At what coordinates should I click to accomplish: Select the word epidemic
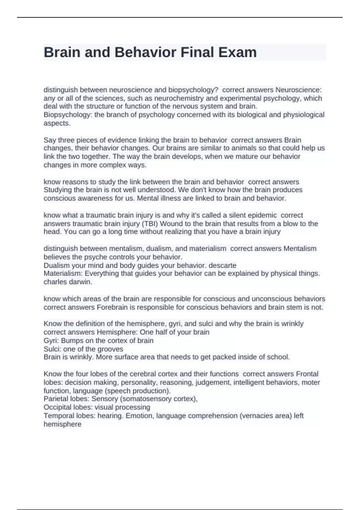[261, 215]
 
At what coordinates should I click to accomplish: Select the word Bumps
[71, 340]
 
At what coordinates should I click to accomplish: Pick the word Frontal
[307, 374]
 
